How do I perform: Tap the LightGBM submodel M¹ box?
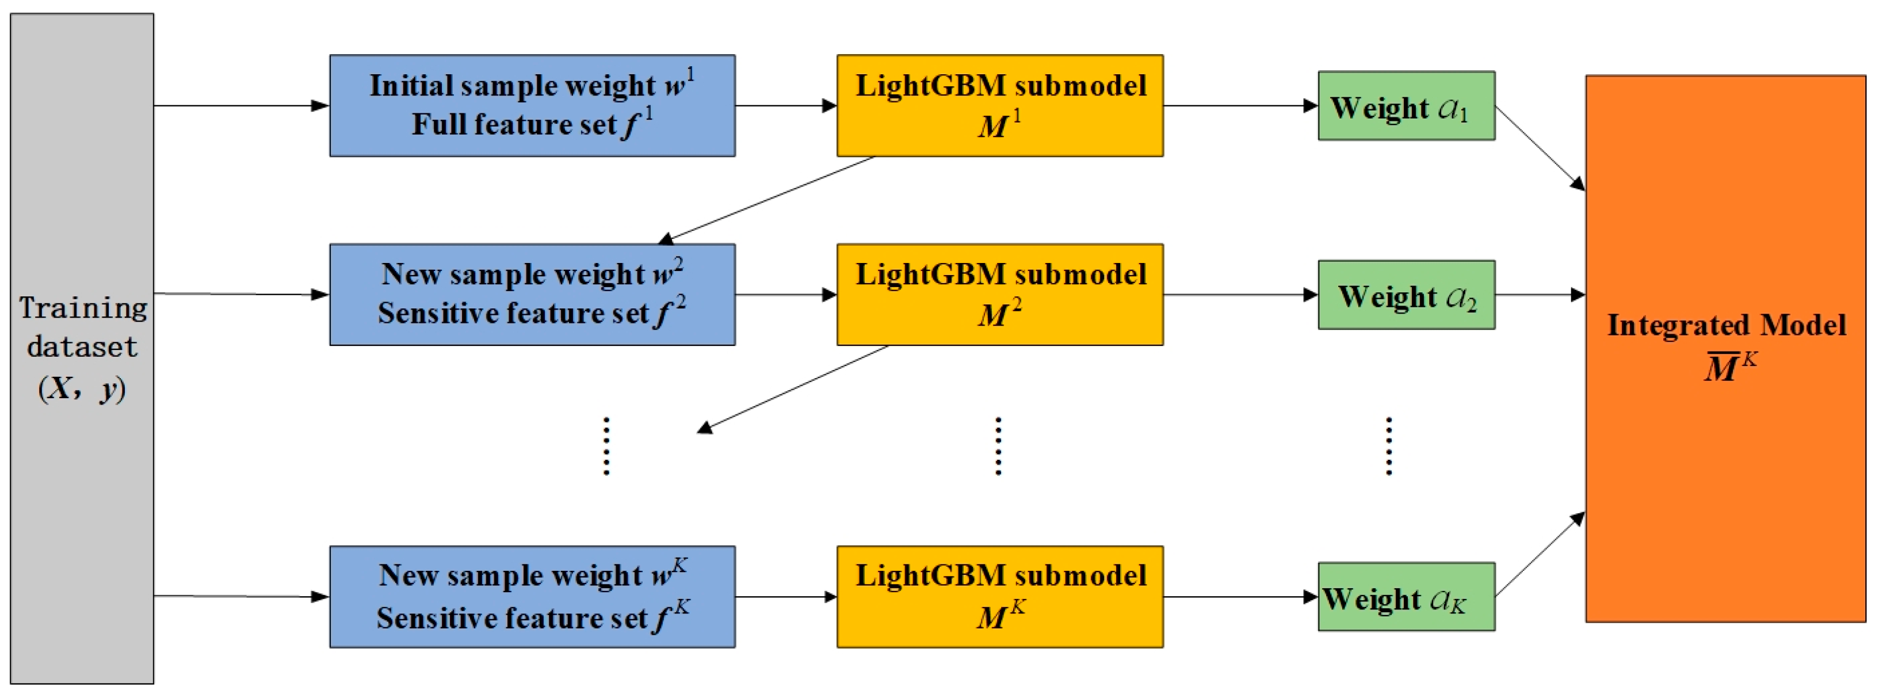click(999, 105)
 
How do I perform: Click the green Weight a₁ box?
click(1406, 106)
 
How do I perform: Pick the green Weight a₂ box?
click(1406, 295)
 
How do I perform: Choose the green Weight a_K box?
click(1406, 596)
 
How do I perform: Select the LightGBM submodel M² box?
click(999, 294)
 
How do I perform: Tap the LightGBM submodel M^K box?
click(999, 596)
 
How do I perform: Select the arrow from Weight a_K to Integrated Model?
click(1539, 555)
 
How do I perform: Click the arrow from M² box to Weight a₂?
click(1240, 295)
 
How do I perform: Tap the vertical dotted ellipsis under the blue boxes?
click(606, 446)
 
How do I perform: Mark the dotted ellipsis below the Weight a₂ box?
click(1388, 446)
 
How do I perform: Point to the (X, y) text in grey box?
click(82, 388)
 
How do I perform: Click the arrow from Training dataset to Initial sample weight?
click(240, 106)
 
